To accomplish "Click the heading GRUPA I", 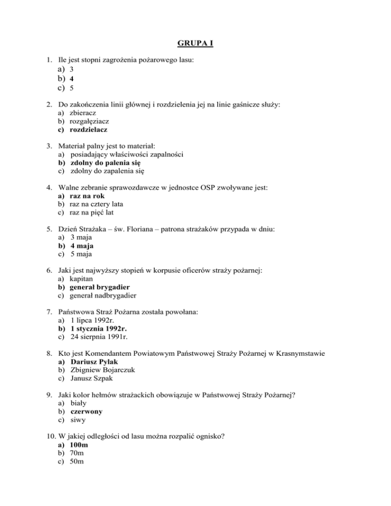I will tap(195, 42).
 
